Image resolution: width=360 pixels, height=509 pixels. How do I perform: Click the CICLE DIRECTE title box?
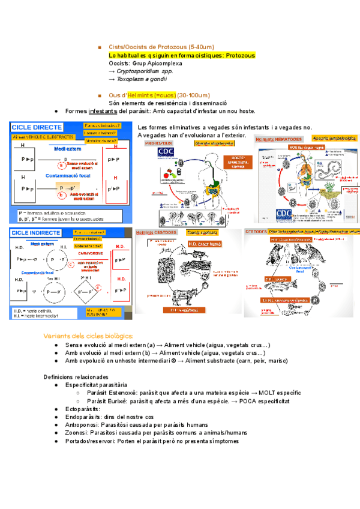(37, 127)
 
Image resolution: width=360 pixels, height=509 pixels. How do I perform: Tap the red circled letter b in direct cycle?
(61, 195)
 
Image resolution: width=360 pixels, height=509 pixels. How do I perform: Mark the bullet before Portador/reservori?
(56, 441)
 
